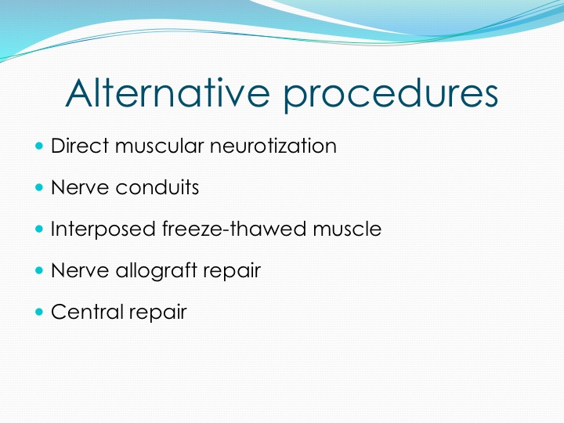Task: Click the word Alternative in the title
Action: pyautogui.click(x=168, y=92)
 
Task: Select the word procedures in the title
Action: pyautogui.click(x=391, y=95)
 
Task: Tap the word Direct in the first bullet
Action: pyautogui.click(x=80, y=146)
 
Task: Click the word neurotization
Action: pyautogui.click(x=273, y=146)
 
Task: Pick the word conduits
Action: pyautogui.click(x=157, y=187)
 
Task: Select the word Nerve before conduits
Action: pyautogui.click(x=80, y=187)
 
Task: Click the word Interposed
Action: pyautogui.click(x=103, y=230)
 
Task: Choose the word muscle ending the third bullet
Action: pyautogui.click(x=347, y=229)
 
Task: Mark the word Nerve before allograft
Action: pyautogui.click(x=80, y=270)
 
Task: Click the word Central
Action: pyautogui.click(x=87, y=312)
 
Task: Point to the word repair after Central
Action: pyautogui.click(x=158, y=313)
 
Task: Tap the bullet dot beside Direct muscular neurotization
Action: pyautogui.click(x=39, y=146)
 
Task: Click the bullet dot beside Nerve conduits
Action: pyautogui.click(x=39, y=187)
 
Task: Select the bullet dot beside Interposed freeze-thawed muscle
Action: pyautogui.click(x=39, y=229)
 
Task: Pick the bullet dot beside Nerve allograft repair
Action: pyautogui.click(x=39, y=270)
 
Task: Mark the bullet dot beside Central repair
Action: pyautogui.click(x=39, y=312)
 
